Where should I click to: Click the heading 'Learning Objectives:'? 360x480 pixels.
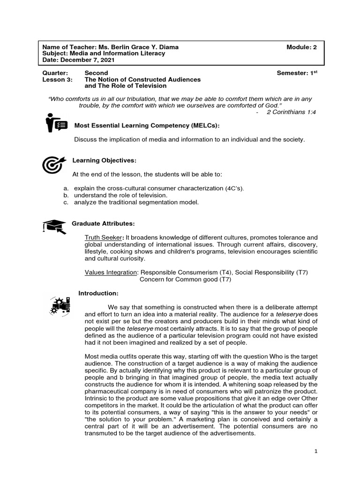(x=104, y=161)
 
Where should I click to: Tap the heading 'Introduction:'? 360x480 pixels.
(x=98, y=293)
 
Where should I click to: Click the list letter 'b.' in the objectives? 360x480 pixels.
(x=66, y=195)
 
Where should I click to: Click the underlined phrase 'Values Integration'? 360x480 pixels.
(x=111, y=272)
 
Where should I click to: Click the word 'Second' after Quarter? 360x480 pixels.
(x=96, y=73)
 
